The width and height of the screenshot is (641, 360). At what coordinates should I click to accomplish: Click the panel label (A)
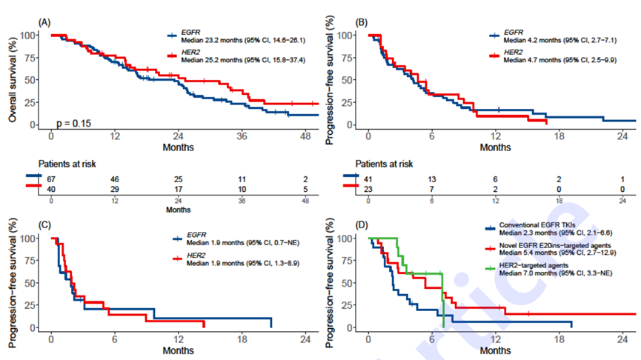pos(44,23)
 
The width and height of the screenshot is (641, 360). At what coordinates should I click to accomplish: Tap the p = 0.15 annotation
pos(73,122)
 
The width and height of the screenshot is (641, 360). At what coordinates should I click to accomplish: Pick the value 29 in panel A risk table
pos(114,190)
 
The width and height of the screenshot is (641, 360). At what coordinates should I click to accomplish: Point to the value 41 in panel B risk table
pos(369,180)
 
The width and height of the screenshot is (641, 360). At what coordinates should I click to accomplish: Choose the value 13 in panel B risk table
pos(432,180)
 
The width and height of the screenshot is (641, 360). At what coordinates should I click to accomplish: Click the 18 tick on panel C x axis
pos(241,340)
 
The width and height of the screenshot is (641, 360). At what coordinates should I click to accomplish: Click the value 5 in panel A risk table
pos(305,190)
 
